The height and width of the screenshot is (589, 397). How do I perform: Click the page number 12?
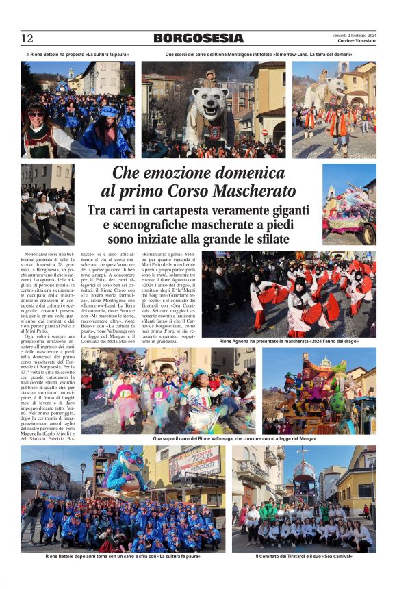coord(27,38)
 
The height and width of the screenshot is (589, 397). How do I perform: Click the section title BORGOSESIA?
coord(198,38)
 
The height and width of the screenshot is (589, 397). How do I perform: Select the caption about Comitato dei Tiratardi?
coord(303,557)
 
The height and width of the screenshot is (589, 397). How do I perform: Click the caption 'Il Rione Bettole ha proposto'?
coord(77,54)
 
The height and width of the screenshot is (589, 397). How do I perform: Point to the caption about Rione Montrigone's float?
coord(259,54)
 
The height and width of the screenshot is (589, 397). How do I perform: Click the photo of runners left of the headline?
coord(47,203)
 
